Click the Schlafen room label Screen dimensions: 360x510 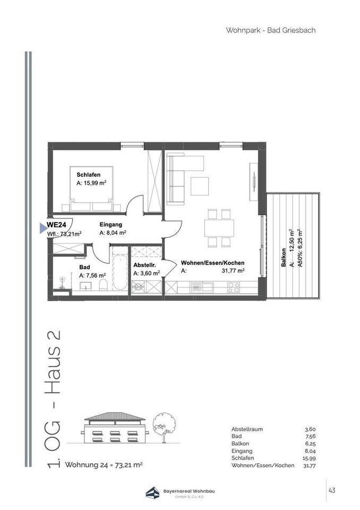[89, 175]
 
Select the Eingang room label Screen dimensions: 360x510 [110, 224]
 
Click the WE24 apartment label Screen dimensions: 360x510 [57, 225]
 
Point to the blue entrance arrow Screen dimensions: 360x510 [43, 228]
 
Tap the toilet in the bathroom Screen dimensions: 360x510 [103, 285]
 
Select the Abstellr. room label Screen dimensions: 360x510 [144, 266]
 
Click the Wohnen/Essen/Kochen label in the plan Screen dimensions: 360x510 [212, 263]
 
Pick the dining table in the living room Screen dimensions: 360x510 [219, 228]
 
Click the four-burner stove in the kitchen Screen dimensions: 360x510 [234, 287]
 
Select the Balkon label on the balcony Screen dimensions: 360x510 [284, 258]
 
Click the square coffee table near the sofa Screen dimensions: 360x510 [200, 186]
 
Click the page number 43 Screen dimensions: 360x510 [332, 490]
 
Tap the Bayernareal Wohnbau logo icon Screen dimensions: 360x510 [152, 492]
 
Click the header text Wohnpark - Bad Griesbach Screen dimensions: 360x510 [271, 30]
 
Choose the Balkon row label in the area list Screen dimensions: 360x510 [241, 443]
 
